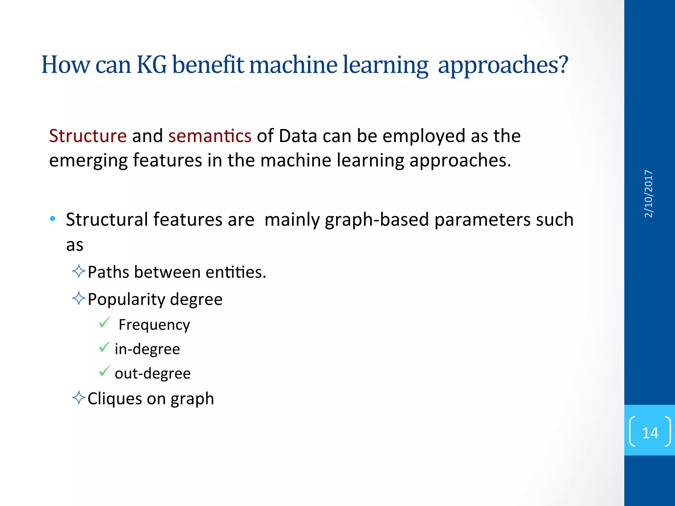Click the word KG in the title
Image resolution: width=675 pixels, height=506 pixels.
pos(152,65)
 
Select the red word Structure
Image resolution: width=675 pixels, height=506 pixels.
pos(88,136)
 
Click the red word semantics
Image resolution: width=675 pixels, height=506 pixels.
pos(210,136)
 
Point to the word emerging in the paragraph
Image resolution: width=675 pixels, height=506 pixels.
pos(88,161)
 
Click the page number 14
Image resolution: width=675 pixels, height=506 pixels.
pos(650,433)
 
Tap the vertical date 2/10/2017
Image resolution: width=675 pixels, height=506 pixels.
pos(648,194)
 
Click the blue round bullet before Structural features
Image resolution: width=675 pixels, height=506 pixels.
pos(53,219)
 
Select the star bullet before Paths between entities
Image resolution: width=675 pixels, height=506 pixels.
pos(79,271)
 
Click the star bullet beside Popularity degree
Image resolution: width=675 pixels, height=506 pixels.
pos(79,298)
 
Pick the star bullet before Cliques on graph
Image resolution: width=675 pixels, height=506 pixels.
pos(79,398)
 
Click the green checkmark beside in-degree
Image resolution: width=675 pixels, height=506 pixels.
pos(104,347)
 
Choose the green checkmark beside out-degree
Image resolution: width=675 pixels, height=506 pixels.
pos(104,371)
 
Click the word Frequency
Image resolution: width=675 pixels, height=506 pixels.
pos(154,325)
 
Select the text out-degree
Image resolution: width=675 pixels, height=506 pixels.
pos(153,374)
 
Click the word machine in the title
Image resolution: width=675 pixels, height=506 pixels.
pos(293,65)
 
